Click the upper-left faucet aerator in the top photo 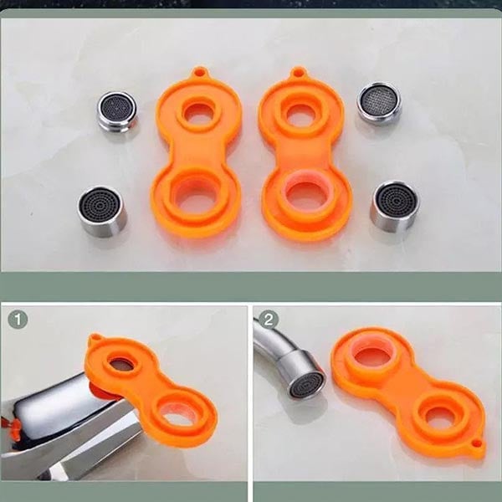pos(117,111)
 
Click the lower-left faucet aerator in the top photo pos(102,212)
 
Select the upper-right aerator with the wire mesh pos(379,103)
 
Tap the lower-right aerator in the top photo pos(395,207)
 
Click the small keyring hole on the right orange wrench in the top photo pos(299,71)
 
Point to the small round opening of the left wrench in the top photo pos(198,113)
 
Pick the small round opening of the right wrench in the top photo pos(300,115)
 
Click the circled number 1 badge pos(18,320)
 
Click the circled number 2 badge pos(269,320)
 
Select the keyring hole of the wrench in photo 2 pos(477,443)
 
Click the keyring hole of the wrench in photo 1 pos(95,337)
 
